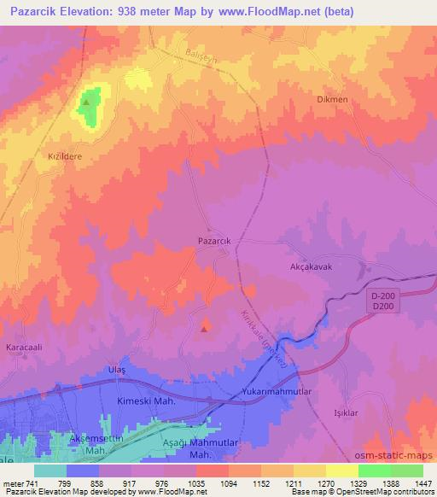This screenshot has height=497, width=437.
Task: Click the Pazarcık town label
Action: coord(214,242)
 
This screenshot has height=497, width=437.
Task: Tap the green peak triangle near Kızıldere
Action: coord(87,104)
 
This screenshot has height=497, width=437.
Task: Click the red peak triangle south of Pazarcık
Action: coord(204,326)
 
